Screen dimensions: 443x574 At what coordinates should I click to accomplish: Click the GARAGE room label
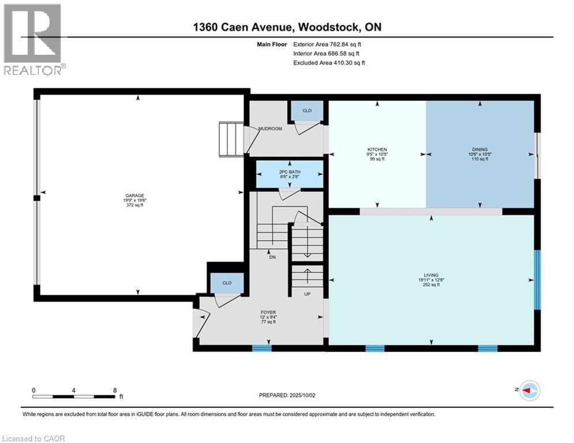coord(137,196)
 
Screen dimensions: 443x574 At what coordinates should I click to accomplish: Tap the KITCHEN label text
coord(377,149)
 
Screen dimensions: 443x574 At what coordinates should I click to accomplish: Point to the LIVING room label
coord(431,275)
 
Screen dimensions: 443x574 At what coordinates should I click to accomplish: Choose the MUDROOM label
coord(269,129)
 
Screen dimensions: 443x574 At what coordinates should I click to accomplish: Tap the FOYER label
coord(268,312)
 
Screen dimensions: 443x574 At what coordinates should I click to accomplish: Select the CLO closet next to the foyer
coord(227,283)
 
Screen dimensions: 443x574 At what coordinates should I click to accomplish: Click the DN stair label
coord(272,257)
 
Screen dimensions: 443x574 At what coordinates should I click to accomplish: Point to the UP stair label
coord(307,294)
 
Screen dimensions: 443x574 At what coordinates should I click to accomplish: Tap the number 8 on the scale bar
coord(114,390)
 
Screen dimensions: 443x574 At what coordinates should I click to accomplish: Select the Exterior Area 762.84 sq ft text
coord(329,44)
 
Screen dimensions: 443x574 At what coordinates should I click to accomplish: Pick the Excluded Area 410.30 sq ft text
coord(329,62)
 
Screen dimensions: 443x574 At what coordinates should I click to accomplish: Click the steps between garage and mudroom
coord(230,139)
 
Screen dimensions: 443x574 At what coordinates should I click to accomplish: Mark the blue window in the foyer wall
coord(261,348)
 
